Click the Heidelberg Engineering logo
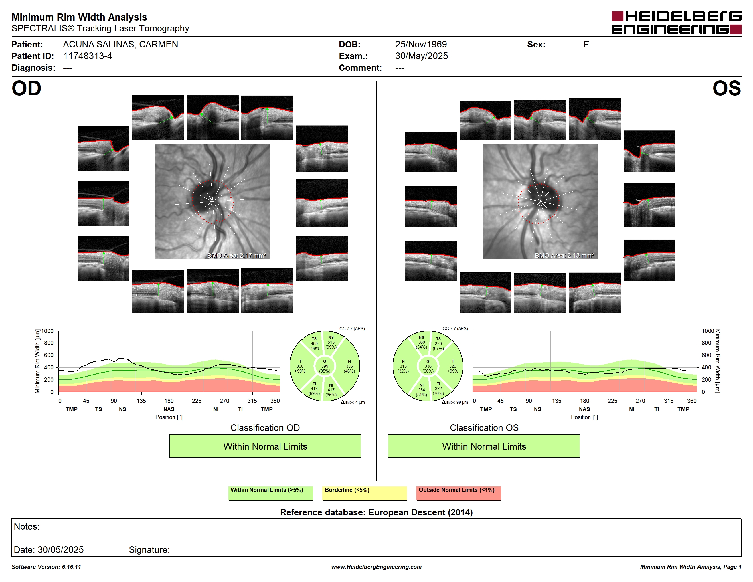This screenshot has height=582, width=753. tap(677, 23)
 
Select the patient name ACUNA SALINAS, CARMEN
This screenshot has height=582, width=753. tap(120, 45)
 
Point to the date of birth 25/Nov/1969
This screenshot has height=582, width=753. tap(421, 45)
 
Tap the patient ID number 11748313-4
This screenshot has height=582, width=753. tap(88, 56)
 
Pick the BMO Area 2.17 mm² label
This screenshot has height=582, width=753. tap(236, 256)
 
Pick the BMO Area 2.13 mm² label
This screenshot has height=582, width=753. tap(564, 256)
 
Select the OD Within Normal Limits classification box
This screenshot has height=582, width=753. tap(265, 446)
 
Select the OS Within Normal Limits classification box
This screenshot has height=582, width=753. tap(484, 446)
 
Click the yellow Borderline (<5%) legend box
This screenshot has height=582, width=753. tap(365, 493)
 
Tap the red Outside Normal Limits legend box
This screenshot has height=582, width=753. tap(459, 493)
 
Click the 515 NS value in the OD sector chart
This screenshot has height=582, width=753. tap(331, 342)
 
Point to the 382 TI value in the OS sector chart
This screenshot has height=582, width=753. tap(438, 388)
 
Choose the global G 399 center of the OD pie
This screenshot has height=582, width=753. tap(324, 366)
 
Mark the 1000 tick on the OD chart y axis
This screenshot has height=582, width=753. tap(48, 331)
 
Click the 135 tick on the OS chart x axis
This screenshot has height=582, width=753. tap(556, 401)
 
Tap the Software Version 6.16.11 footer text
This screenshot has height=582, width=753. tap(46, 567)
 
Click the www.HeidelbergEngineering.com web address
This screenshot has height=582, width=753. tap(376, 567)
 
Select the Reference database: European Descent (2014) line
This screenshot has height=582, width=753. tap(376, 512)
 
